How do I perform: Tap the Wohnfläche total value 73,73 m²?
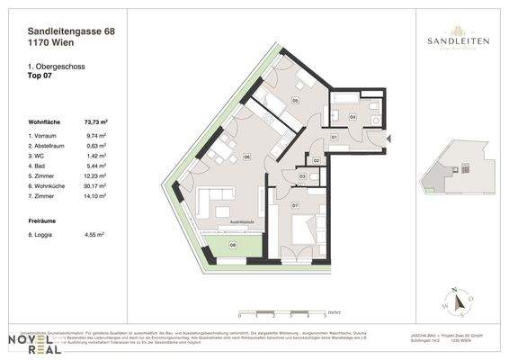(x=95, y=121)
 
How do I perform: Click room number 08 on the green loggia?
(x=232, y=243)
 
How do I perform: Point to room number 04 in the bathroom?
(x=353, y=117)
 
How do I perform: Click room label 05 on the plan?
(x=295, y=102)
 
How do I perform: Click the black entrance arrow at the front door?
(x=389, y=139)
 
